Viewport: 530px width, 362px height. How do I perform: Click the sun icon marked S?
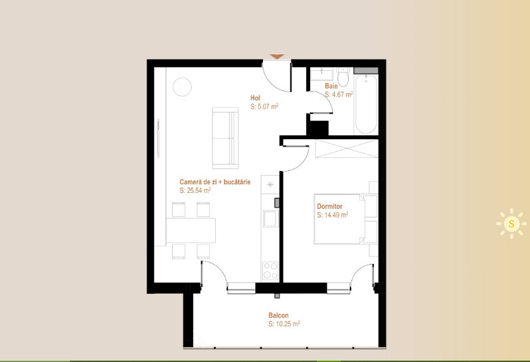pyautogui.click(x=511, y=223)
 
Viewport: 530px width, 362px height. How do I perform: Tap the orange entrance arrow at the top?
pyautogui.click(x=277, y=57)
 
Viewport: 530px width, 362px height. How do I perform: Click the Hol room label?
pyautogui.click(x=255, y=97)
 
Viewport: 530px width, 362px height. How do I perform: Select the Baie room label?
pyautogui.click(x=331, y=86)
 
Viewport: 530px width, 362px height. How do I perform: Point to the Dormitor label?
pyautogui.click(x=329, y=206)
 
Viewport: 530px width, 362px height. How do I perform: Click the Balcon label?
pyautogui.click(x=278, y=316)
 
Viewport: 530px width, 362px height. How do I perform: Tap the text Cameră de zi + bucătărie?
pyautogui.click(x=215, y=182)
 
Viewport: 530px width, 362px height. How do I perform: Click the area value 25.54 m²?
pyautogui.click(x=195, y=190)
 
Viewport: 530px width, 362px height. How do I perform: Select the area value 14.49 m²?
pyautogui.click(x=333, y=215)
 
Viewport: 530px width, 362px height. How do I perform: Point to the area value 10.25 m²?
pyautogui.click(x=284, y=324)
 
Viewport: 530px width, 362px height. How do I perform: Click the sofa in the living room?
pyautogui.click(x=224, y=137)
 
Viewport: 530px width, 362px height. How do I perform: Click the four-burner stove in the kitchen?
pyautogui.click(x=270, y=271)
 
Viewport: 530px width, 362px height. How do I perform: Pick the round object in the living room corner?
pyautogui.click(x=182, y=87)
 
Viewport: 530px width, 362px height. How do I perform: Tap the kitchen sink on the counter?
pyautogui.click(x=270, y=218)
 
